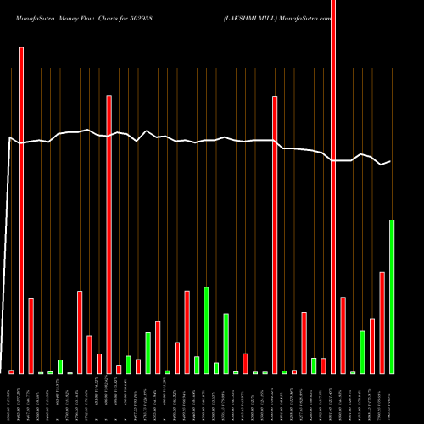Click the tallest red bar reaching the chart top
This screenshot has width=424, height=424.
[333, 187]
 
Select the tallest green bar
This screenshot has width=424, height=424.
[392, 297]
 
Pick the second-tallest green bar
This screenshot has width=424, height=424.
[206, 331]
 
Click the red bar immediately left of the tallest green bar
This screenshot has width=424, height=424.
[382, 323]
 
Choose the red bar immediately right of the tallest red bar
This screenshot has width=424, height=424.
[343, 335]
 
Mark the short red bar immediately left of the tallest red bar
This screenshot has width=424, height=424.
[323, 365]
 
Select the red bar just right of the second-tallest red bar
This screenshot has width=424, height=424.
[31, 336]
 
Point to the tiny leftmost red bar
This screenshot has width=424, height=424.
[11, 371]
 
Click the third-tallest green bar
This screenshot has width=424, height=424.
[226, 343]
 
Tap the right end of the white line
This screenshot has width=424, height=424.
[390, 161]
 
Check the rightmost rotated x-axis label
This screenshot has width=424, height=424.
[392, 399]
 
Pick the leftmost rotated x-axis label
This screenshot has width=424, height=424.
[11, 399]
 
